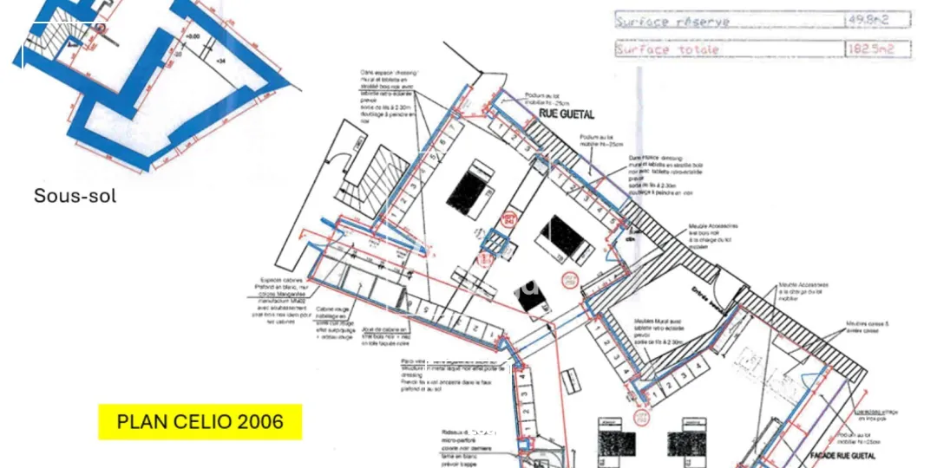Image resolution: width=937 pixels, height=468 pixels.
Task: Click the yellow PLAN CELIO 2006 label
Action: (200, 422)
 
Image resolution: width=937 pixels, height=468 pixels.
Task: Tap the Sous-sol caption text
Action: (75, 196)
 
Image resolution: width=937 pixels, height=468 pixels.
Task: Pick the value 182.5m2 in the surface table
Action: (877, 49)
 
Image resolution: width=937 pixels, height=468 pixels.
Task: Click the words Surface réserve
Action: (672, 21)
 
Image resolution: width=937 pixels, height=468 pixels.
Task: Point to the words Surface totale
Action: (668, 49)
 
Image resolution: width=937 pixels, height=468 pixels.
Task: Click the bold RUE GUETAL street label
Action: (567, 114)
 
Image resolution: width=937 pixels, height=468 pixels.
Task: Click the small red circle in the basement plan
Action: (101, 28)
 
